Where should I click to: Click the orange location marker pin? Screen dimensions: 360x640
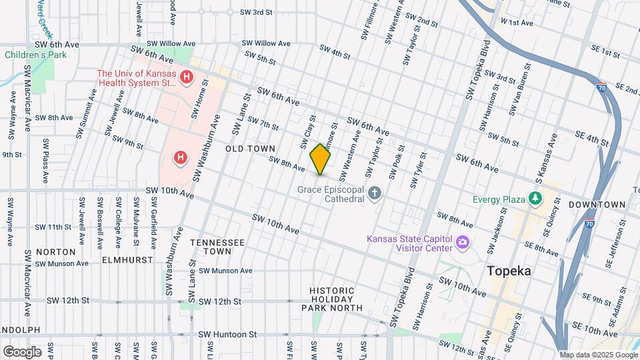pyautogui.click(x=321, y=159)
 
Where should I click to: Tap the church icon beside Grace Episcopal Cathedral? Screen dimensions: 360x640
pyautogui.click(x=375, y=194)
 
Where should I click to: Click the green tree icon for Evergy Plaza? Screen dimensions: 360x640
pyautogui.click(x=534, y=199)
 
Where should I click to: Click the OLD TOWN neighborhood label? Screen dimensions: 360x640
pyautogui.click(x=250, y=149)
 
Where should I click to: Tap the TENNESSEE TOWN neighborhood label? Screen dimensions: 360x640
pyautogui.click(x=217, y=247)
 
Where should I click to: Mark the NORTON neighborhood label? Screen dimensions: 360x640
pyautogui.click(x=55, y=252)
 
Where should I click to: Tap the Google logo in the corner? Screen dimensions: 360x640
pyautogui.click(x=22, y=351)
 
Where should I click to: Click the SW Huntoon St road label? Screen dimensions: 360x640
pyautogui.click(x=227, y=334)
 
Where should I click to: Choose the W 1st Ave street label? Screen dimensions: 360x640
pyautogui.click(x=517, y=23)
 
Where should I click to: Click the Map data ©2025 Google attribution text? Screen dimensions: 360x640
pyautogui.click(x=598, y=355)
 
